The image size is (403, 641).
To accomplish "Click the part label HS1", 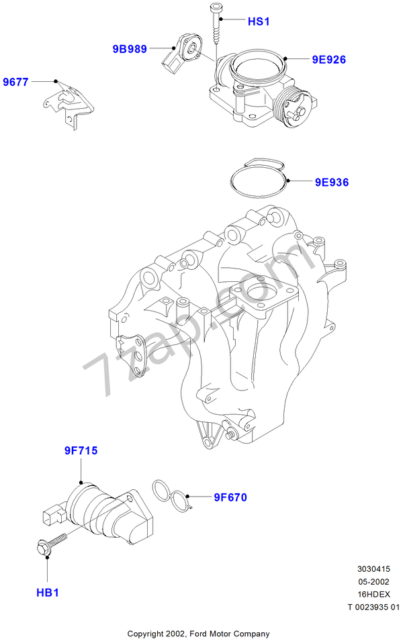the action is tap(259, 21).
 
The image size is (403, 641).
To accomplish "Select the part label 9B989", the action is tap(130, 49).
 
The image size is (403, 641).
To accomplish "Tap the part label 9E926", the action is tap(329, 60).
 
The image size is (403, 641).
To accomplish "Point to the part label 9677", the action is tap(16, 82).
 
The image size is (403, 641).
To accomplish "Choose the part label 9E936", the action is tap(332, 183).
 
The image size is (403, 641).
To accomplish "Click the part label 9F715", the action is tap(81, 450).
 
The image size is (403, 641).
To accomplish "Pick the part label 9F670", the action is tap(230, 497).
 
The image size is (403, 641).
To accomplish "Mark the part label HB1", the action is tap(48, 593).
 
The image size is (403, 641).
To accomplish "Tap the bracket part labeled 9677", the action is tap(68, 106).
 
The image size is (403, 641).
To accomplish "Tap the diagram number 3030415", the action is tap(373, 569).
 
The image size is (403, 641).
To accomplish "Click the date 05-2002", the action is tap(373, 582).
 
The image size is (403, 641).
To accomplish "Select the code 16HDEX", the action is tap(373, 595).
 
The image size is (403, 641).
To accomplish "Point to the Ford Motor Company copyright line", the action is tap(198, 634).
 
